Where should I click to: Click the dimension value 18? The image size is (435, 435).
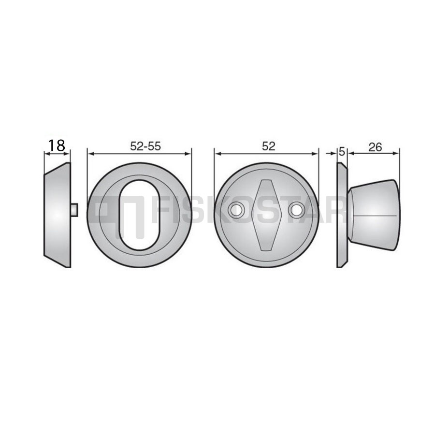coord(57,145)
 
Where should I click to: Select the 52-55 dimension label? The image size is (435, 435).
coord(145,146)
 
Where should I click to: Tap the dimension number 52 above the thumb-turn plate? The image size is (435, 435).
coord(268,146)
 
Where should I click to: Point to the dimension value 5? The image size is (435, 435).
coord(342,152)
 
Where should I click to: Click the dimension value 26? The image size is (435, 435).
coord(375,147)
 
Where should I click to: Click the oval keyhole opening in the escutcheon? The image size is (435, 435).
coord(140,215)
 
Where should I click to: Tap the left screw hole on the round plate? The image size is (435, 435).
coord(236,210)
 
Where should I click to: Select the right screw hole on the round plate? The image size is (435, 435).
coord(296,210)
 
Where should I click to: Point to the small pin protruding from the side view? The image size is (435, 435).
coord(74,209)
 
